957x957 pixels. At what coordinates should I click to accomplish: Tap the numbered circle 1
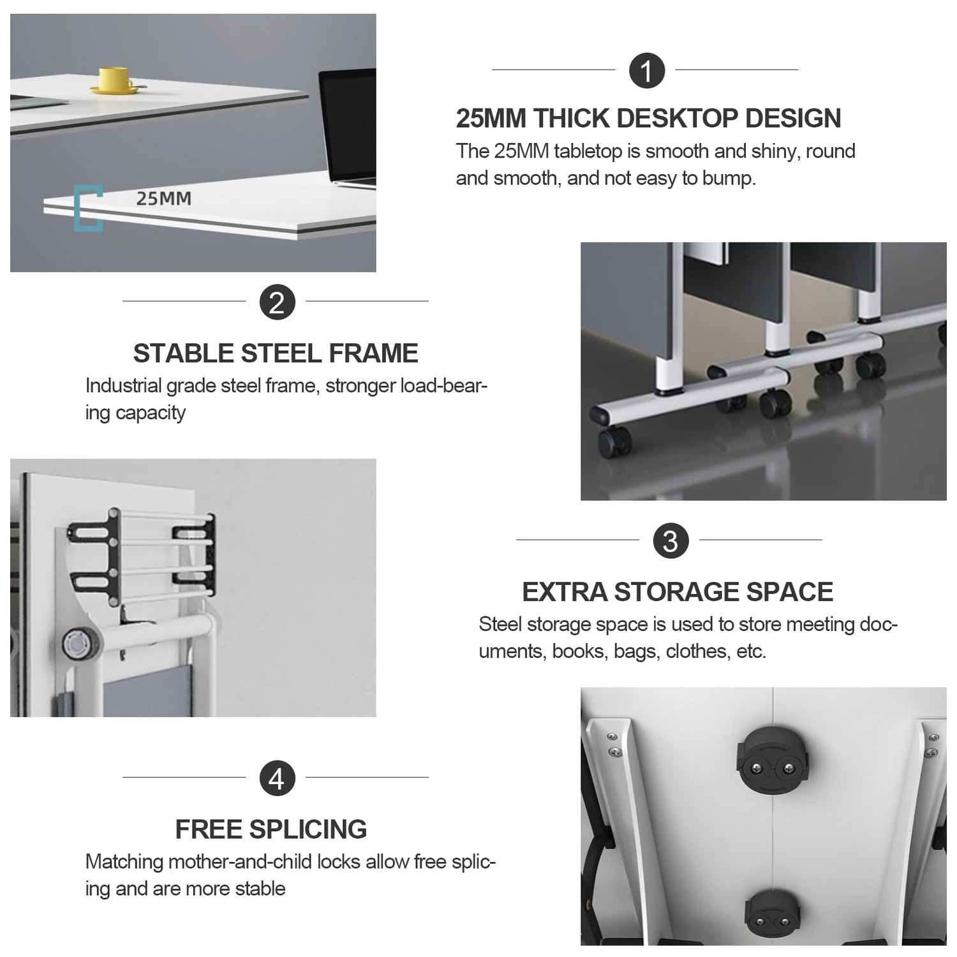[x=647, y=70]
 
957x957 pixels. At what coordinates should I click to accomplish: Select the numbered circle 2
[x=277, y=302]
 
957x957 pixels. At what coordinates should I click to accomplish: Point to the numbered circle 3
[x=671, y=541]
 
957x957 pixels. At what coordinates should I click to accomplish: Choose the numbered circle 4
[x=277, y=778]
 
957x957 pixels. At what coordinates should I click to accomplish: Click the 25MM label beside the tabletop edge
[x=163, y=198]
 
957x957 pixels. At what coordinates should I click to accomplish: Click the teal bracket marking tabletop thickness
[x=87, y=208]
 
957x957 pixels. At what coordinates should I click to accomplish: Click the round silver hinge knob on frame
[x=77, y=642]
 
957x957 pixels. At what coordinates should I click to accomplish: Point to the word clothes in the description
[x=696, y=651]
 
